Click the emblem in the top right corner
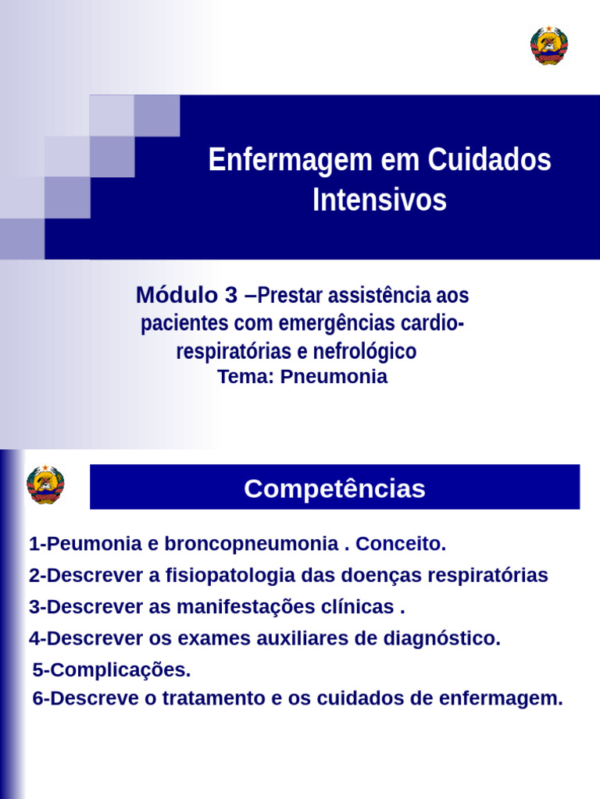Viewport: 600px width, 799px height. [x=548, y=45]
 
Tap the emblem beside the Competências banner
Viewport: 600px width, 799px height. [x=45, y=485]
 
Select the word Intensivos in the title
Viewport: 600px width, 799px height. [x=380, y=200]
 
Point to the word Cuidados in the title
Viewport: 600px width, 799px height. [x=490, y=161]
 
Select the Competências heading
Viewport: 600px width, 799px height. [x=334, y=488]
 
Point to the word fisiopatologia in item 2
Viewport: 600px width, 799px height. [x=208, y=576]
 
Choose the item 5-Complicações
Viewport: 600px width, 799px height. [x=112, y=669]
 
